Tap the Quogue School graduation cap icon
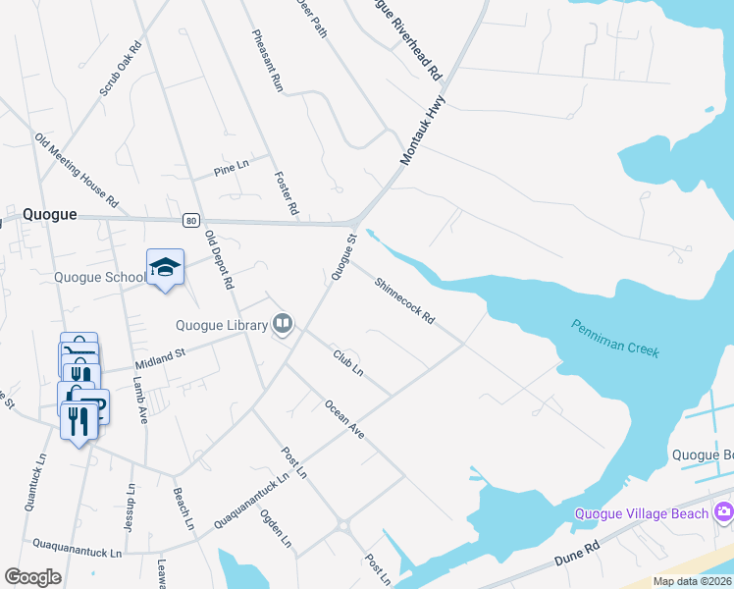(x=165, y=266)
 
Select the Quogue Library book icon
(x=283, y=323)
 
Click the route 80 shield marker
(x=191, y=220)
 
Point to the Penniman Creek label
(x=616, y=339)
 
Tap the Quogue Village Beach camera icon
(x=724, y=511)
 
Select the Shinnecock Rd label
(x=404, y=299)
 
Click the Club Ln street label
(x=347, y=362)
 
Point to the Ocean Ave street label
(x=344, y=418)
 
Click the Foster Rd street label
(x=286, y=192)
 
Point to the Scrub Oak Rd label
(x=121, y=68)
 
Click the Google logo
(x=32, y=577)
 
